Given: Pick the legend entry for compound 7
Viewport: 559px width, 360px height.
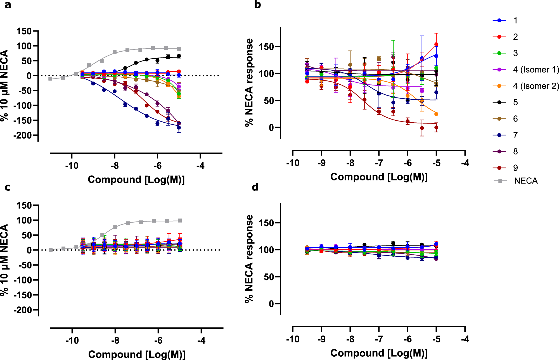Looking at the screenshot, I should (515, 135).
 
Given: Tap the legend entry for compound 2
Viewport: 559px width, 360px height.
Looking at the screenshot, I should (515, 37).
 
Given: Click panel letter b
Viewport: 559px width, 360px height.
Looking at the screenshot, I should (257, 5).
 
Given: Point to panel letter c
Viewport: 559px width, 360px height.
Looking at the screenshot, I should (8, 187).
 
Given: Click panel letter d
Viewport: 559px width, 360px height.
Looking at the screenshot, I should (255, 187).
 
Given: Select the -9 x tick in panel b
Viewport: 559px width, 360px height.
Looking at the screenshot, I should (321, 163).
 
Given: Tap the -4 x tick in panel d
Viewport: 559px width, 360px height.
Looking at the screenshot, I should (465, 339).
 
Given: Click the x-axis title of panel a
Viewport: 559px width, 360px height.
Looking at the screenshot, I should (136, 180).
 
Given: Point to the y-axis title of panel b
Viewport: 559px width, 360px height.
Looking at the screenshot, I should (249, 82).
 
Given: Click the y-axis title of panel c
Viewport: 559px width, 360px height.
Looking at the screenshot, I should (4, 260).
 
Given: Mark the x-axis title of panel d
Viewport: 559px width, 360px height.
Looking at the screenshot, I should (379, 353).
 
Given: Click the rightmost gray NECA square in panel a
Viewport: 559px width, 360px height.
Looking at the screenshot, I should (179, 49).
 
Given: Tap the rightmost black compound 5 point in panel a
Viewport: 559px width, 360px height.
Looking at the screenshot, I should (179, 56).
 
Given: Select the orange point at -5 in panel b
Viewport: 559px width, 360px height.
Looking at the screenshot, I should (436, 114).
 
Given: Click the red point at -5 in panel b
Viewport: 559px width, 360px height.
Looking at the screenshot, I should (436, 44).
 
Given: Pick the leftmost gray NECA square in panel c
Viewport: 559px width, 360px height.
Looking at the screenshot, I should (51, 250).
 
